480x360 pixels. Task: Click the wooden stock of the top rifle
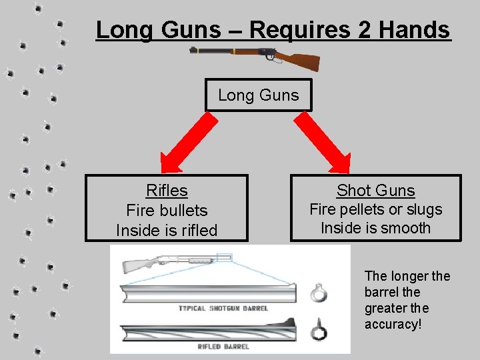coord(303,61)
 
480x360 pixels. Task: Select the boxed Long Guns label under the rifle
coord(258,95)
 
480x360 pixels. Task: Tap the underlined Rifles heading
coord(167,191)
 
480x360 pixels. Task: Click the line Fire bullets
coord(167,211)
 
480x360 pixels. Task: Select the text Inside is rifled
coord(167,231)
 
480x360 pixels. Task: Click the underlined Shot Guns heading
coord(375,191)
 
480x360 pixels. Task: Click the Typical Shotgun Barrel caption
coord(223,309)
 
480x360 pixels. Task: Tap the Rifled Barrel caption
coord(205,347)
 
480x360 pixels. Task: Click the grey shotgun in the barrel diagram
coord(167,263)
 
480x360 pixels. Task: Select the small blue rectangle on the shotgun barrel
coord(223,257)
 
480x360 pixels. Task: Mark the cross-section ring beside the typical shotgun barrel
coord(318,293)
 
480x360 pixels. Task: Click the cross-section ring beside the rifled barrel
coord(318,331)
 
